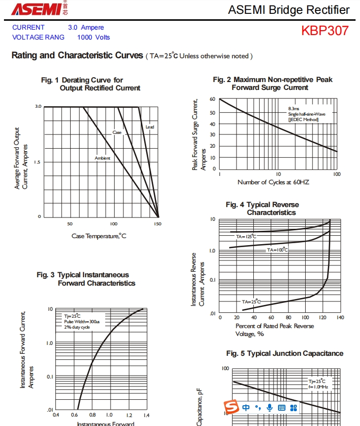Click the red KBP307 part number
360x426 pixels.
tap(325, 31)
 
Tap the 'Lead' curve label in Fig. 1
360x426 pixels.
tap(150, 127)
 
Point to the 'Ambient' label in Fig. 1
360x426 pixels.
tap(103, 158)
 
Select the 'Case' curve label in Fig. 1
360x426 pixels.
tap(117, 132)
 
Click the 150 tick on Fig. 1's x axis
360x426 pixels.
tap(158, 224)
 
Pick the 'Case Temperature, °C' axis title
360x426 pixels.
tap(99, 236)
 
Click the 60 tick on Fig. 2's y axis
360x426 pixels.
tap(212, 99)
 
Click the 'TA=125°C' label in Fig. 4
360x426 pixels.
tap(246, 237)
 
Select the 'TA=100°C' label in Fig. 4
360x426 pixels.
tap(277, 250)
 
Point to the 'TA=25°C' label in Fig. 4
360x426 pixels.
tap(251, 301)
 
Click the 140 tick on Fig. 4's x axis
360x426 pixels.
tap(340, 318)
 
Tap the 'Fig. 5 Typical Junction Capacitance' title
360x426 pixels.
tap(285, 353)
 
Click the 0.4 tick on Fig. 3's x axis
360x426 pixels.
tap(56, 416)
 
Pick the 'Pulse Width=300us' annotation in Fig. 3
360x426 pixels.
tap(82, 322)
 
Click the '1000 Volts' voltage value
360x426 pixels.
tap(93, 38)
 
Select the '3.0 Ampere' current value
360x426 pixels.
tap(86, 28)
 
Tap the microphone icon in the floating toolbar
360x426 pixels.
tap(270, 407)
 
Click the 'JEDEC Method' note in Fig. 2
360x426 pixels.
tap(304, 119)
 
